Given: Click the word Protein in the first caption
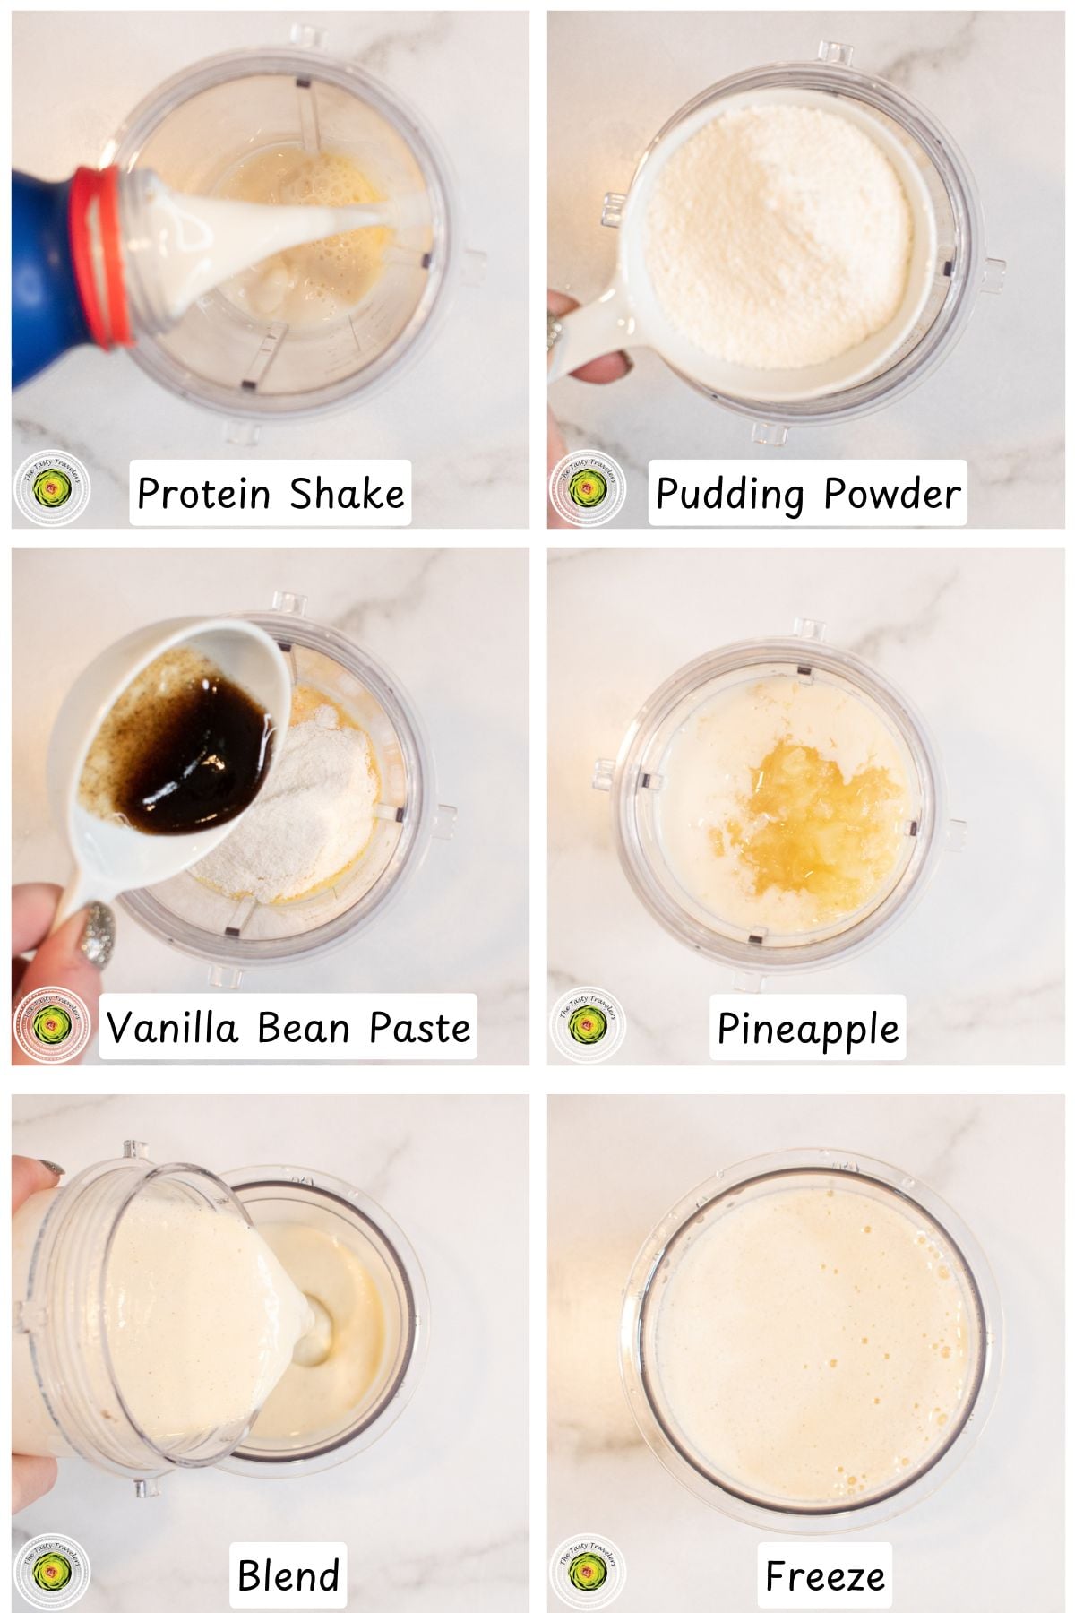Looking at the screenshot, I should click(x=203, y=494).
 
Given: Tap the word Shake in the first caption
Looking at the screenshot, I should click(x=347, y=494).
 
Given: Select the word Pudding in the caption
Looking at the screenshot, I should click(x=729, y=494).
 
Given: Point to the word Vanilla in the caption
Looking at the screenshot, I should click(x=172, y=1027).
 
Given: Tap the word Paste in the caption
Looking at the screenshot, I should click(x=419, y=1027).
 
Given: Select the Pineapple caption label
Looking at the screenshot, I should click(x=808, y=1029).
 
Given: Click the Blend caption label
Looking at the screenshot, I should click(x=288, y=1574).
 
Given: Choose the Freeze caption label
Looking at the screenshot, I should click(x=824, y=1574).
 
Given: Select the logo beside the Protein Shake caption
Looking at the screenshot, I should click(x=52, y=489).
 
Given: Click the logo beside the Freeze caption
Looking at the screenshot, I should click(x=588, y=1572).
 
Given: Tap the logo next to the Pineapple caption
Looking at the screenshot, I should click(x=588, y=1025).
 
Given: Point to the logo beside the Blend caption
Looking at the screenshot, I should click(x=52, y=1572).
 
